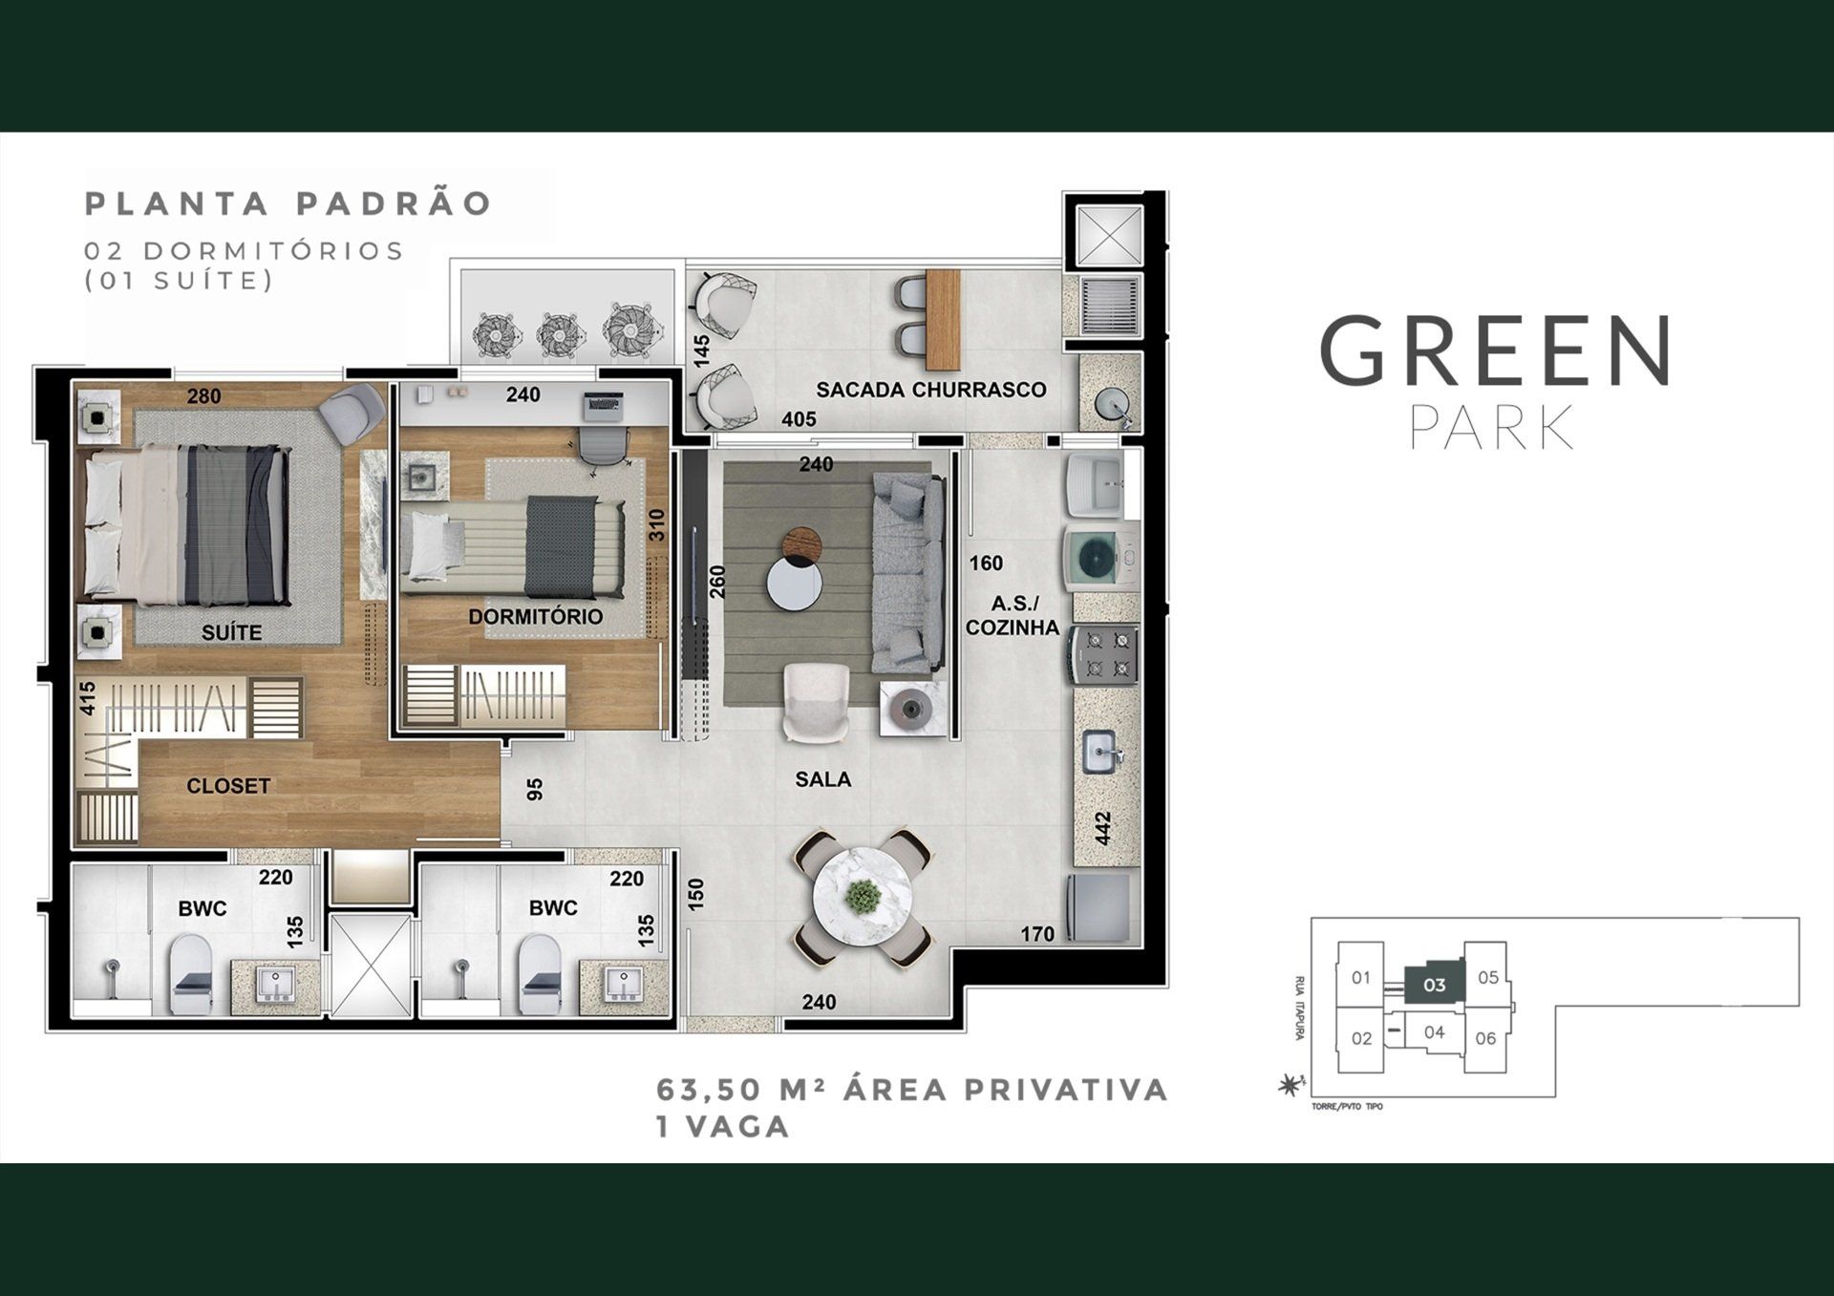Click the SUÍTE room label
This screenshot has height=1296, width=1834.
click(x=231, y=632)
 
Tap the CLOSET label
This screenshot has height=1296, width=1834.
click(x=228, y=786)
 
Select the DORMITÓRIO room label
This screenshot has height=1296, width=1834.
click(x=535, y=616)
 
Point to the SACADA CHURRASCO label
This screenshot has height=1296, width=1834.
click(x=930, y=390)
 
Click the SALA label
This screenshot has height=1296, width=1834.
click(x=822, y=779)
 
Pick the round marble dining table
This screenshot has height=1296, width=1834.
click(x=864, y=898)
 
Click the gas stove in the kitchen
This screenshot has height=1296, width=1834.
click(x=1104, y=654)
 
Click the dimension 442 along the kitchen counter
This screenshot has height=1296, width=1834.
click(x=1102, y=828)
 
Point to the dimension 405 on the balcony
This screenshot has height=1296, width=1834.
click(x=799, y=418)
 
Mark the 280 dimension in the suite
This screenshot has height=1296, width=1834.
click(x=204, y=395)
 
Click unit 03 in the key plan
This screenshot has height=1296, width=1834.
click(x=1434, y=985)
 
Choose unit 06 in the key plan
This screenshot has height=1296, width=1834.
click(x=1485, y=1038)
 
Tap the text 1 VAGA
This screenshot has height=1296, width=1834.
click(x=722, y=1127)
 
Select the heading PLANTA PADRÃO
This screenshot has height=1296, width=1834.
click(x=288, y=203)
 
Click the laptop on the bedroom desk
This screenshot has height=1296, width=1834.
click(x=604, y=407)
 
